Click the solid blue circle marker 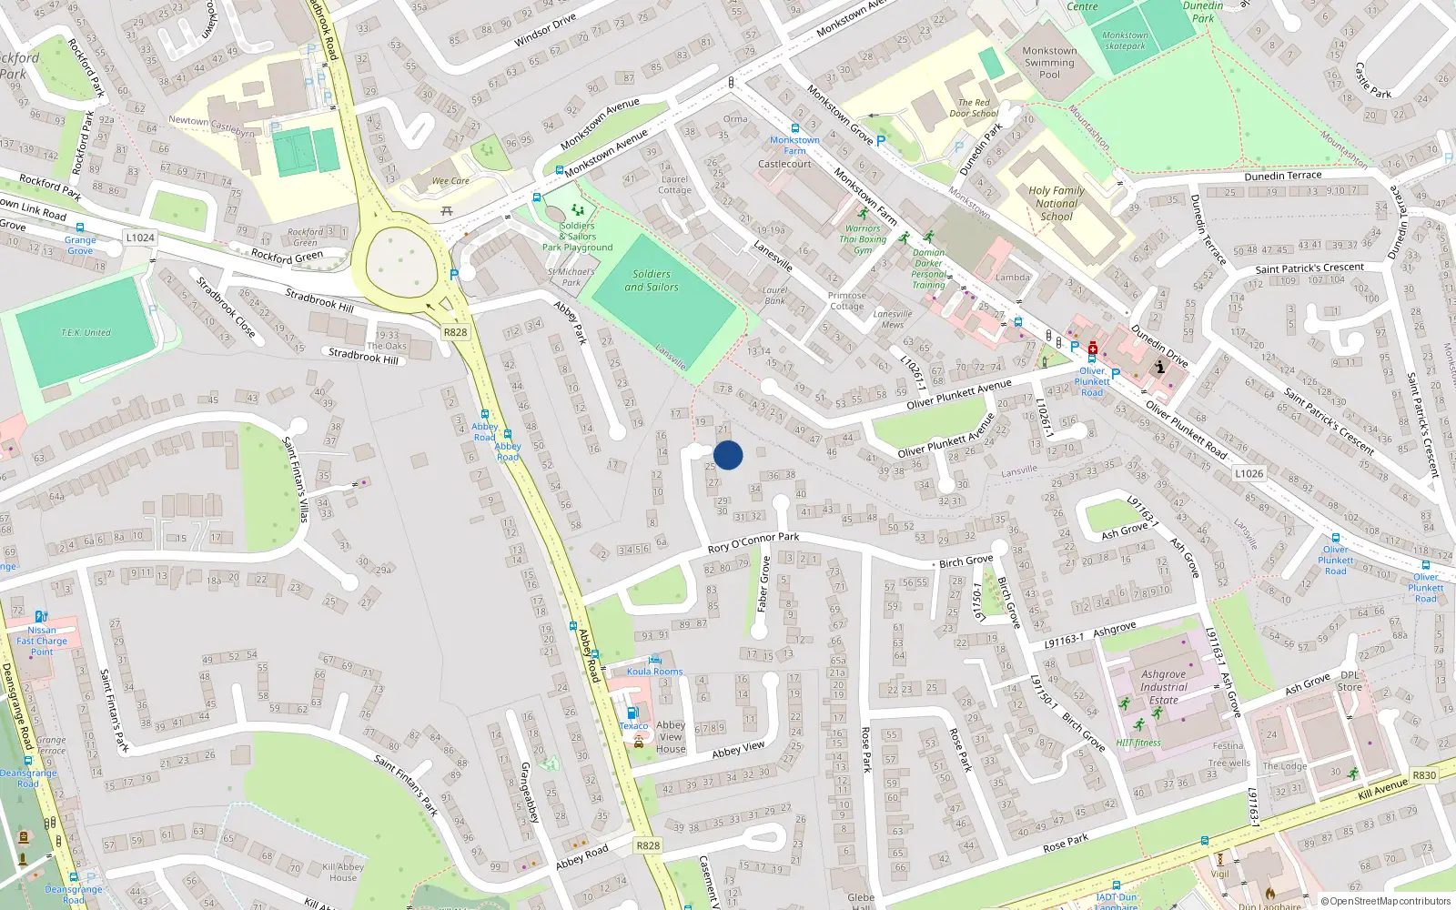(728, 455)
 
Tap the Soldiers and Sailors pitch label (652, 280)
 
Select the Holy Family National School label (1057, 204)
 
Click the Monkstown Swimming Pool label (1049, 63)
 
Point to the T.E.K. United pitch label (86, 333)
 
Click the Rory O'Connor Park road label (753, 542)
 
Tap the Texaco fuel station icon (632, 712)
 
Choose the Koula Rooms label (654, 672)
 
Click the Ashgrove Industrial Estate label (1164, 688)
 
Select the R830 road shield (1424, 775)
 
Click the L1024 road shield (140, 238)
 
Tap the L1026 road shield (1249, 473)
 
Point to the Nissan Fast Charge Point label (42, 641)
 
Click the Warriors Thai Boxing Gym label (862, 239)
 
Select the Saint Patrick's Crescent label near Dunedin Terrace (1309, 268)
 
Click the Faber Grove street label (764, 583)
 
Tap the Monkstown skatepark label (1126, 41)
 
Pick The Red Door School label (973, 108)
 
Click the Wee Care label (450, 181)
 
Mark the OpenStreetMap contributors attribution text (1385, 901)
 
